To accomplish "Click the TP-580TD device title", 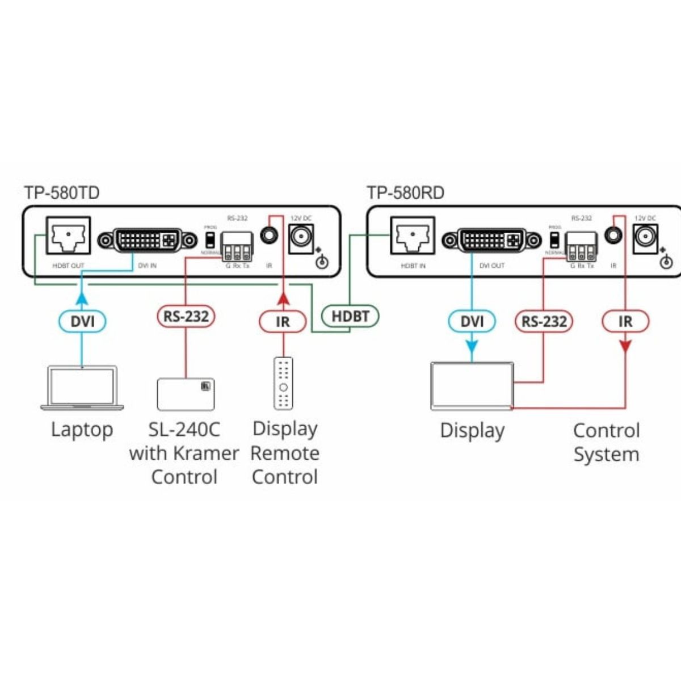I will point(62,193).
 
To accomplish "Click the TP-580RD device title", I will point(405,193).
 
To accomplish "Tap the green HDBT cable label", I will point(350,316).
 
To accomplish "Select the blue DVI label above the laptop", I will point(82,322).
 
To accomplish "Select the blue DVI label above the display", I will point(472,322).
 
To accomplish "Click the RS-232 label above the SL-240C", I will point(186,316).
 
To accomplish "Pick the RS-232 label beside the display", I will point(544,322).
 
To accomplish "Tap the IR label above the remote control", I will point(283,322).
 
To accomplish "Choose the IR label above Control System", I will point(625,322).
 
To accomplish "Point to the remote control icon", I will point(283,383).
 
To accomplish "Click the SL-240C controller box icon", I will point(186,393).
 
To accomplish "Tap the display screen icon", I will point(472,386).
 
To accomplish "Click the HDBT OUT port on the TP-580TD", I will point(68,237).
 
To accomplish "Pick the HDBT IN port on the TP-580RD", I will point(413,237).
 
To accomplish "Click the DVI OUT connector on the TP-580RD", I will point(491,240).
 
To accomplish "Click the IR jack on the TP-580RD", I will point(612,235).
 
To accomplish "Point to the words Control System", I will point(606,442).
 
